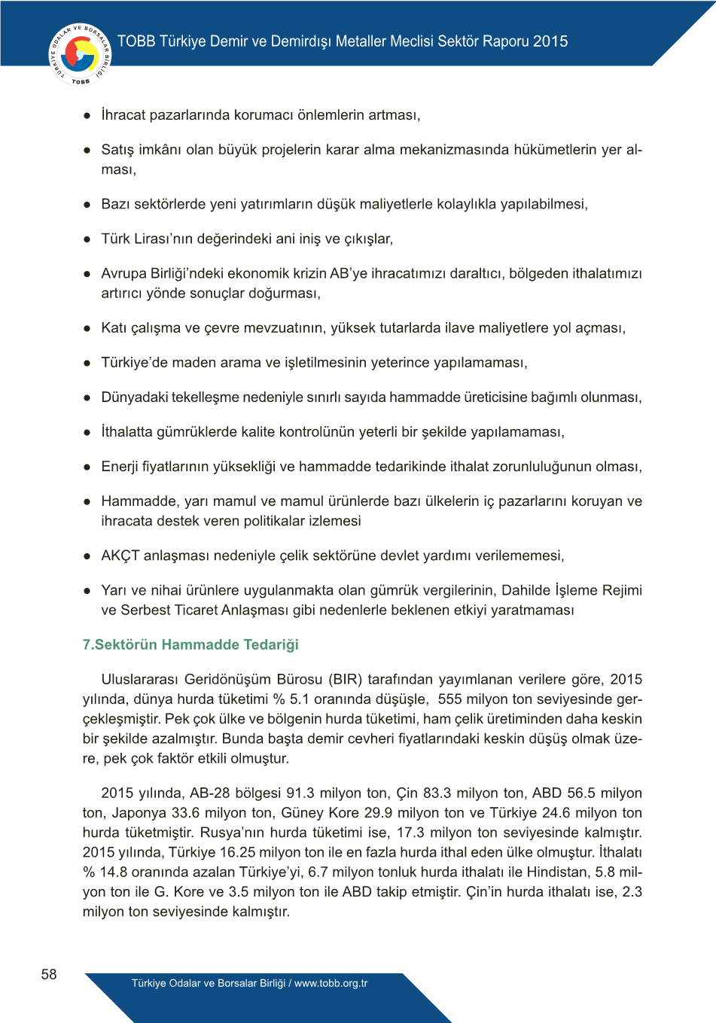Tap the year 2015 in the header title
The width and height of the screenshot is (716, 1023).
550,41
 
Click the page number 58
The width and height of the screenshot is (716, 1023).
49,974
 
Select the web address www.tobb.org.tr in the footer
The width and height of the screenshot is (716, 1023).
331,983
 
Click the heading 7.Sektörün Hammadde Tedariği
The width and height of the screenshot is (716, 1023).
190,644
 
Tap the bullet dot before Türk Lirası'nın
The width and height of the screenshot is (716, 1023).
87,239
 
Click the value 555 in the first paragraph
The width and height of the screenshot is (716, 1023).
450,699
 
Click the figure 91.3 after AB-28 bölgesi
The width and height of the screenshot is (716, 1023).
300,793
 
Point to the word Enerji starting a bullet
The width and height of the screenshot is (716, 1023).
120,467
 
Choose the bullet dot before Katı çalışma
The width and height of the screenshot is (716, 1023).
87,328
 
